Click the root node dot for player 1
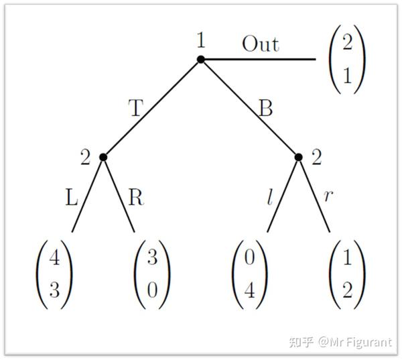200,60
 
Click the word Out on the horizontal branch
260,44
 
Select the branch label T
135,108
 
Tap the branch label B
265,108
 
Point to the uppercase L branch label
72,199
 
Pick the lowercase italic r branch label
328,196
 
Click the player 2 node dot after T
103,157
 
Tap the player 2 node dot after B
299,157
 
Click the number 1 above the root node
200,40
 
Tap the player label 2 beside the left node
85,158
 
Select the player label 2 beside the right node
317,158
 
